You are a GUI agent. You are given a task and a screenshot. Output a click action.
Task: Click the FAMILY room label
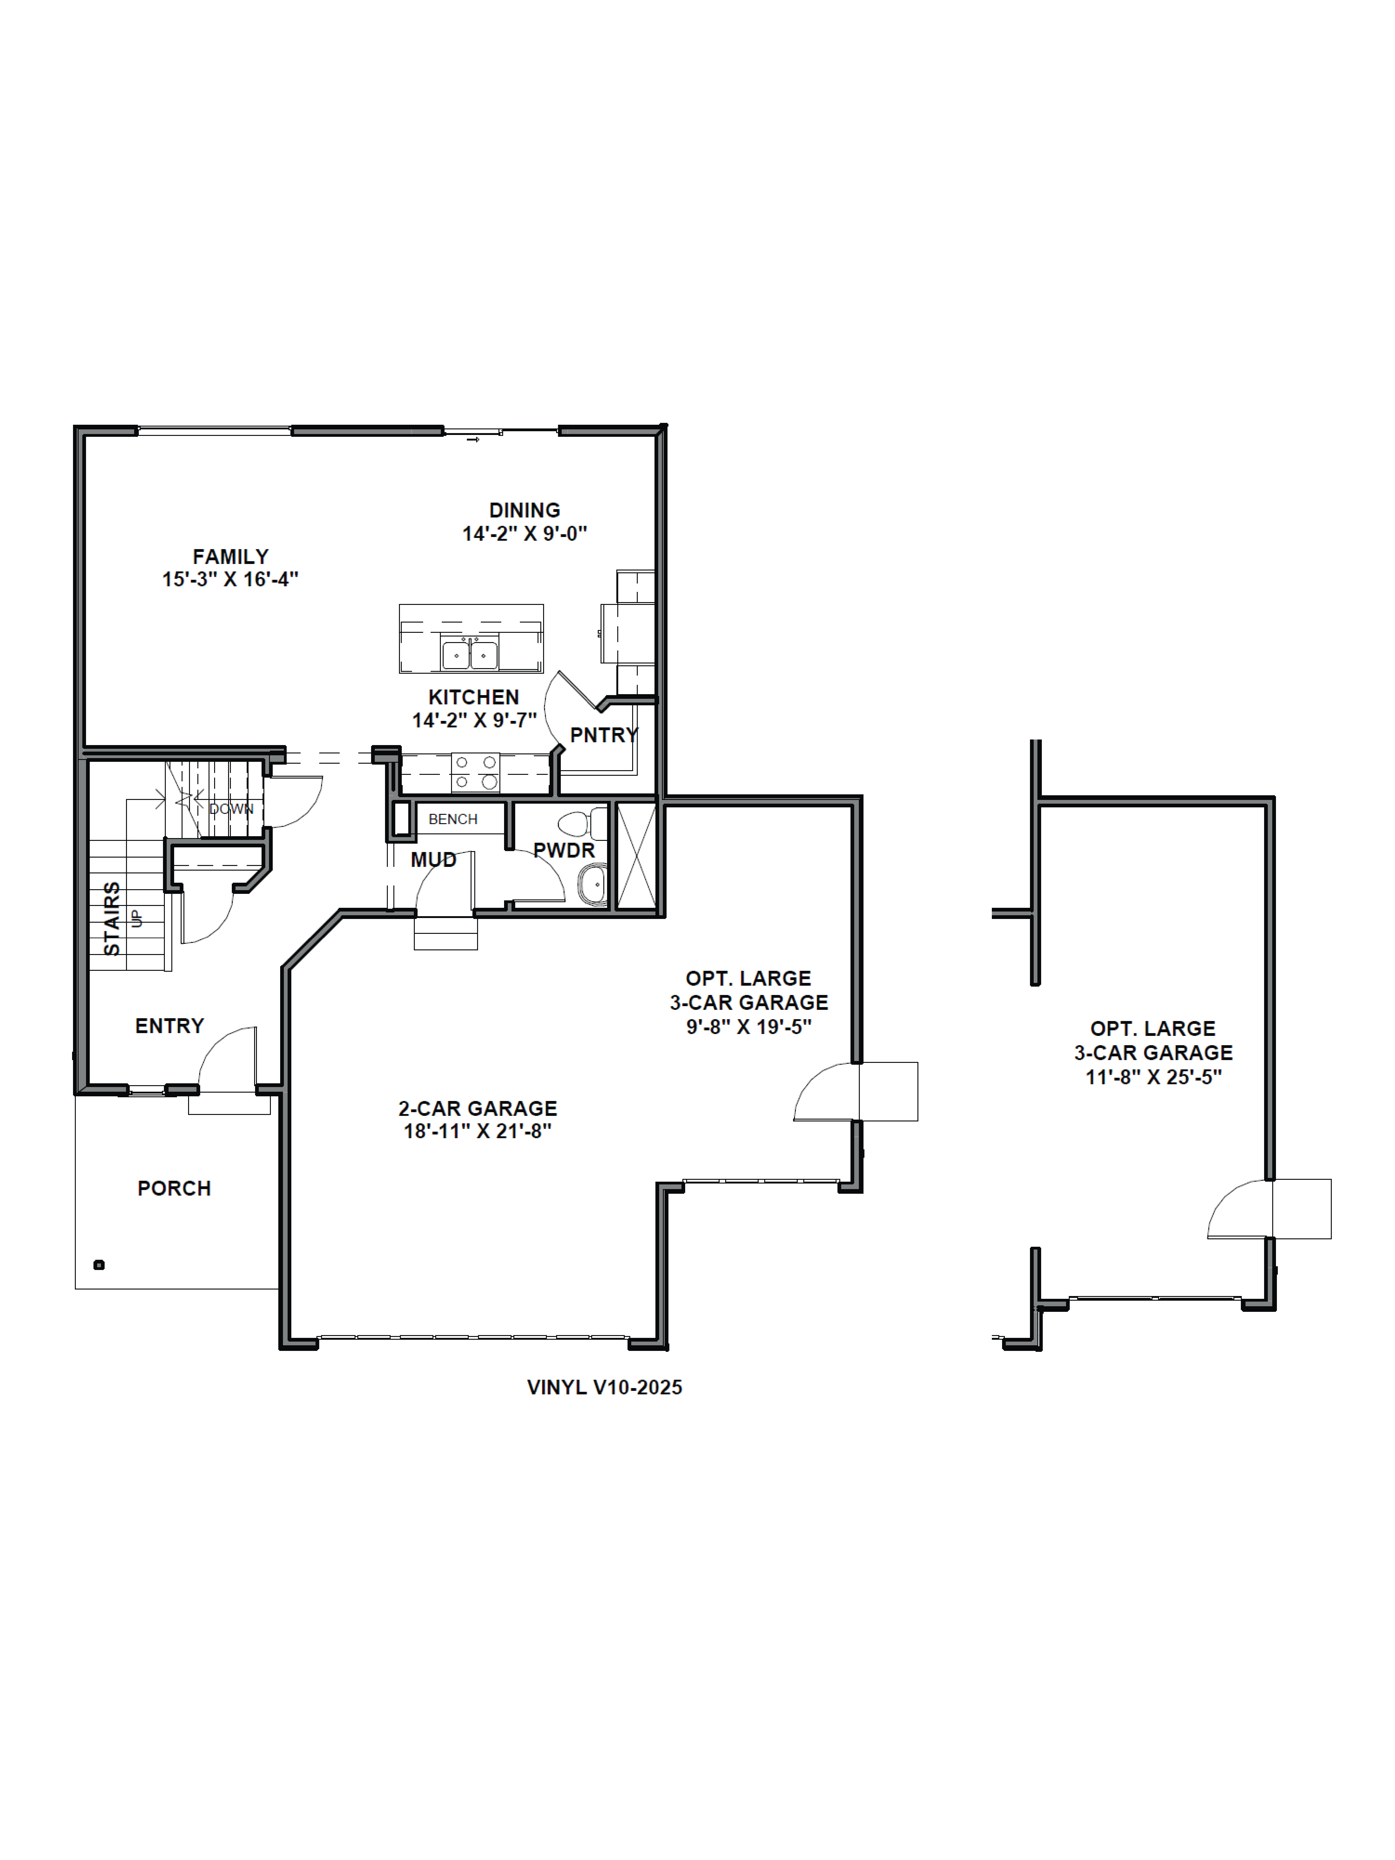[230, 557]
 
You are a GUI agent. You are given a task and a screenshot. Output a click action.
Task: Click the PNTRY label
[604, 735]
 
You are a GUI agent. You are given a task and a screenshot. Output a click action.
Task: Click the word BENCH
[452, 819]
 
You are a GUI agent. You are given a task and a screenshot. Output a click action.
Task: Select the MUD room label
[433, 859]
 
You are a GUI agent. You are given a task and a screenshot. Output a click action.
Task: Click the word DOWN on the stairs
[231, 809]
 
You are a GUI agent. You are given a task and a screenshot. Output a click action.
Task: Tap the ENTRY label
[170, 1026]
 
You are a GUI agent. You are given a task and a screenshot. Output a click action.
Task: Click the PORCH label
[174, 1188]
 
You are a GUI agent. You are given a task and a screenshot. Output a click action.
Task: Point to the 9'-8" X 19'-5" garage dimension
[748, 1027]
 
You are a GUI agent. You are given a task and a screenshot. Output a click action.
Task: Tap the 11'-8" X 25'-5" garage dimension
[1153, 1077]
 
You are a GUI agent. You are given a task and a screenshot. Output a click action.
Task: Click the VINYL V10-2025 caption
[604, 1387]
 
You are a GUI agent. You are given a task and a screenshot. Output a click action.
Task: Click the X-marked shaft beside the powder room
[636, 855]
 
